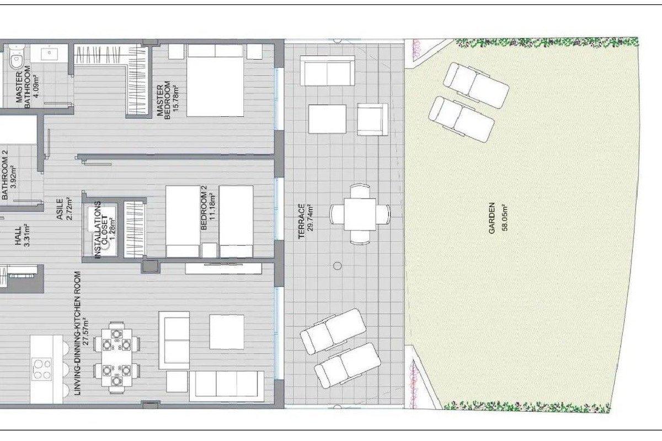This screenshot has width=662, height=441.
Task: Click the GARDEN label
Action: [x=492, y=218]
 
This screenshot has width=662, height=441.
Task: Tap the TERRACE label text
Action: [x=301, y=221]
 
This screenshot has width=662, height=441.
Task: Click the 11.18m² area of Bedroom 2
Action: [x=212, y=211]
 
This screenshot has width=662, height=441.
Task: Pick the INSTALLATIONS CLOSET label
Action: [x=101, y=230]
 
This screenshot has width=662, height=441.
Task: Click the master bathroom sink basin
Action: [x=49, y=53]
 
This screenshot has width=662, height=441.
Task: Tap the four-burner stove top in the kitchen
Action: [x=42, y=369]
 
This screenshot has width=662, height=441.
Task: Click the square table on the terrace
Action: [x=360, y=214]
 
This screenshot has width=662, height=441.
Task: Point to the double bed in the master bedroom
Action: [x=215, y=80]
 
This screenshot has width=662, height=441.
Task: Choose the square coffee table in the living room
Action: [x=227, y=332]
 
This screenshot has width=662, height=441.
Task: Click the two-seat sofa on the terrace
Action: [x=328, y=71]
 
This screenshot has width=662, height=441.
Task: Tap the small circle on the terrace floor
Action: [x=337, y=266]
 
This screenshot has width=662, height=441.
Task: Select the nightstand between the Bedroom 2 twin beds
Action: [x=210, y=250]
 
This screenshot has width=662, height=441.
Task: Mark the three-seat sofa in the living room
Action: [x=227, y=386]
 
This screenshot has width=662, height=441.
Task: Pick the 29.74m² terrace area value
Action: [x=310, y=217]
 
